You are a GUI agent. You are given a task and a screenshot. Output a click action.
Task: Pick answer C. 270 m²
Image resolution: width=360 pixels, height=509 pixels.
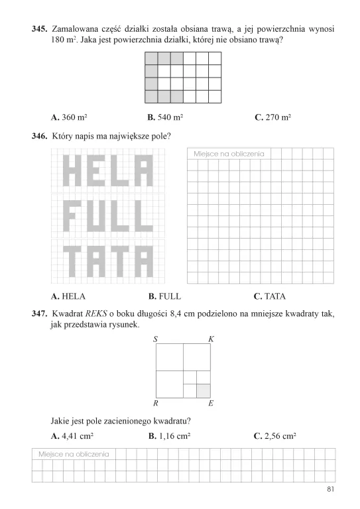[x=273, y=117]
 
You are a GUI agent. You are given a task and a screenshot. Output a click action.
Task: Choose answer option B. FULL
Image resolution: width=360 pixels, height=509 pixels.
[x=165, y=296]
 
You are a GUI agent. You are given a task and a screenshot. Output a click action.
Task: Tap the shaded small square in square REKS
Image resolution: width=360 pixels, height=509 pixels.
[x=204, y=390]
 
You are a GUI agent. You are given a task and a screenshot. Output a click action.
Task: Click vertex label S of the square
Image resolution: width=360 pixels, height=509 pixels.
[x=154, y=339]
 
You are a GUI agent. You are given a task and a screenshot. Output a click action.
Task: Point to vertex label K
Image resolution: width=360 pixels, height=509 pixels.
[x=211, y=339]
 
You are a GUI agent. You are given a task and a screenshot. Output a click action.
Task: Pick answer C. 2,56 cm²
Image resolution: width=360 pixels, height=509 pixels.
[x=274, y=436]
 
